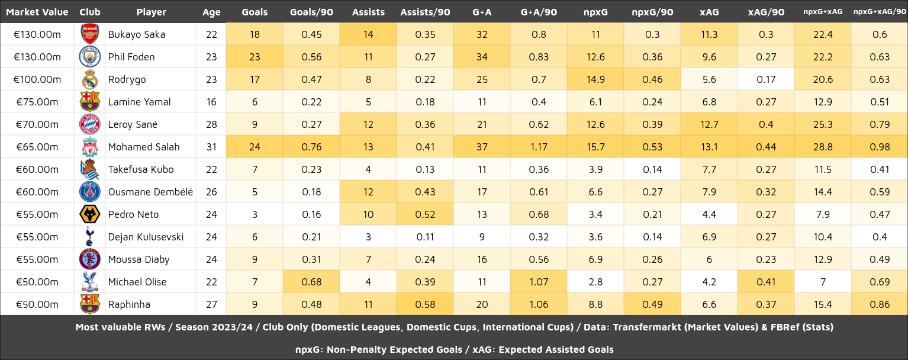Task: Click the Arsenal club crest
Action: (x=89, y=34)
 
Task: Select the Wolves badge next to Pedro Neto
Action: (x=89, y=214)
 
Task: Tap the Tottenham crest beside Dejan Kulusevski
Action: (x=89, y=237)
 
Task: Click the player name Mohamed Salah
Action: (x=144, y=147)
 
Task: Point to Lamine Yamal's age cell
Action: (x=211, y=102)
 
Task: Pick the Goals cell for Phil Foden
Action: (x=255, y=57)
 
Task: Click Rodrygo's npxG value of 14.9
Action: (x=595, y=79)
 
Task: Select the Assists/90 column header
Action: (x=425, y=12)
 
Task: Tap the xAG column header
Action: (x=709, y=12)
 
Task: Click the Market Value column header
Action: (x=37, y=12)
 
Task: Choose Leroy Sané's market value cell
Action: (x=37, y=124)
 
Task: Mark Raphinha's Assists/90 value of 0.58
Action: (x=425, y=304)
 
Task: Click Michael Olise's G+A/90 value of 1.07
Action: (x=539, y=282)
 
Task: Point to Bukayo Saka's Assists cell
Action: (x=368, y=34)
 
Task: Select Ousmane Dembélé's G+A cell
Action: (x=482, y=192)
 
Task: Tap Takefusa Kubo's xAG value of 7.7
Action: (x=709, y=169)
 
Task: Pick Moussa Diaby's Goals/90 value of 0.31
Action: (x=311, y=259)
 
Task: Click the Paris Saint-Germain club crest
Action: (x=89, y=192)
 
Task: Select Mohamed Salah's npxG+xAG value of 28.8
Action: (x=823, y=147)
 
